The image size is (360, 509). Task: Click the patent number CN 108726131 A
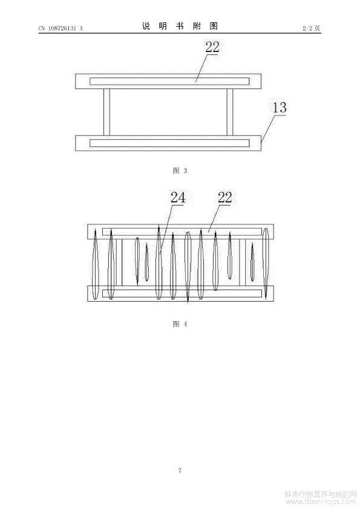(x=61, y=28)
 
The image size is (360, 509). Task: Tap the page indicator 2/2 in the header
(x=307, y=28)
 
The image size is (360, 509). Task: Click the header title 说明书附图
(x=180, y=26)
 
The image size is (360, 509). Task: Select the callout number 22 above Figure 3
(x=212, y=47)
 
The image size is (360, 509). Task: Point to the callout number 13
(x=280, y=108)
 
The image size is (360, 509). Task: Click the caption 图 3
(x=180, y=170)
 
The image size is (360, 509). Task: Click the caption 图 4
(x=180, y=323)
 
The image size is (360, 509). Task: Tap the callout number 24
(x=178, y=197)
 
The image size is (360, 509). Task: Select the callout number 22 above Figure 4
(x=225, y=197)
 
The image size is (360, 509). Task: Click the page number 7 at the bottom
(x=180, y=470)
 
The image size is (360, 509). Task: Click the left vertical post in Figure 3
(x=106, y=112)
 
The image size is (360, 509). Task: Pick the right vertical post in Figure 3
(x=230, y=112)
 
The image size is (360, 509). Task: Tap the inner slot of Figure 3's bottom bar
(x=169, y=143)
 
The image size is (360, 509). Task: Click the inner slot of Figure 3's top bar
(x=169, y=81)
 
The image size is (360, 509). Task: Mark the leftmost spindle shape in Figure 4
(x=95, y=264)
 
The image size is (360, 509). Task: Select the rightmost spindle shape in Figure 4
(x=266, y=263)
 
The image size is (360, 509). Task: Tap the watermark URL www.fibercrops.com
(x=320, y=502)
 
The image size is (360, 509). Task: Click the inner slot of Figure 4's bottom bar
(x=182, y=293)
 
